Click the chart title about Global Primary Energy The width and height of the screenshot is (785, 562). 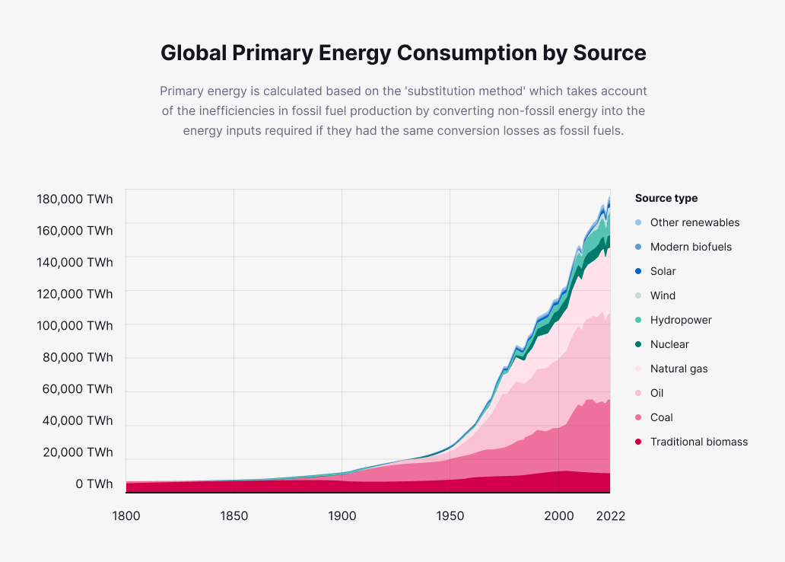pos(403,53)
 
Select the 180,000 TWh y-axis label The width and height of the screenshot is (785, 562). pos(75,200)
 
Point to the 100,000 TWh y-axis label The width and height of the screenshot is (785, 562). pos(75,326)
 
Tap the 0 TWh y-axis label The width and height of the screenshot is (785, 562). pos(94,484)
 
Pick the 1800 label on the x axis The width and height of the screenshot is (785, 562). pos(126,516)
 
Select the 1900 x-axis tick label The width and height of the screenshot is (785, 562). pos(342,516)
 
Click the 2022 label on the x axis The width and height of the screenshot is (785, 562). pos(610,516)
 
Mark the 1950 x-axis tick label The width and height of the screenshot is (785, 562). pos(450,516)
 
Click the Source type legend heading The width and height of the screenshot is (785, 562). pos(666,199)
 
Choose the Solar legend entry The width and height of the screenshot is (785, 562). pos(663,272)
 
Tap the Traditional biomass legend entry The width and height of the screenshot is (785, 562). pos(698,442)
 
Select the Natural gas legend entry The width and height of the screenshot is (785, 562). pos(679,369)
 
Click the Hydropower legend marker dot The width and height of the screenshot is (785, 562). pos(638,321)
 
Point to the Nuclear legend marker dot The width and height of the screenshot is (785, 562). pos(638,345)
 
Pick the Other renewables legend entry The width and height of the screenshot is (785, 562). pos(694,223)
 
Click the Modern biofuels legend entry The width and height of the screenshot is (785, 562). pos(691,247)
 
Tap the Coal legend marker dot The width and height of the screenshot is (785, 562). pos(638,418)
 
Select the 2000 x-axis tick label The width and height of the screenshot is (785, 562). pos(559,516)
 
